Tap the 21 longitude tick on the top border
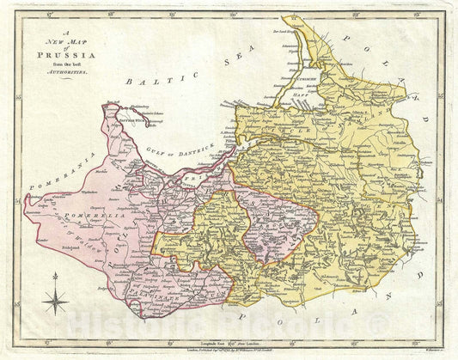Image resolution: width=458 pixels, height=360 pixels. [297, 14]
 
